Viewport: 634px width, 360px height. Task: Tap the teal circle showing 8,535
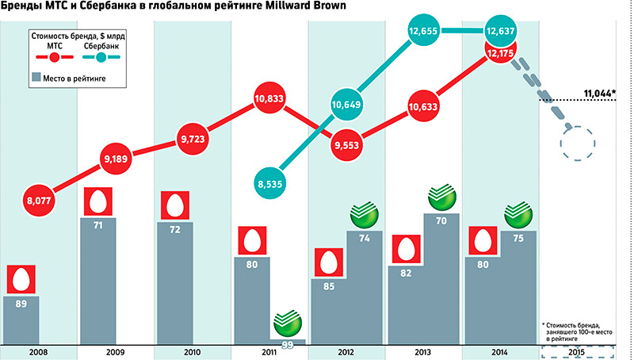(271, 184)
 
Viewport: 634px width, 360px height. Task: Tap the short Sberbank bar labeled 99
(288, 343)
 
